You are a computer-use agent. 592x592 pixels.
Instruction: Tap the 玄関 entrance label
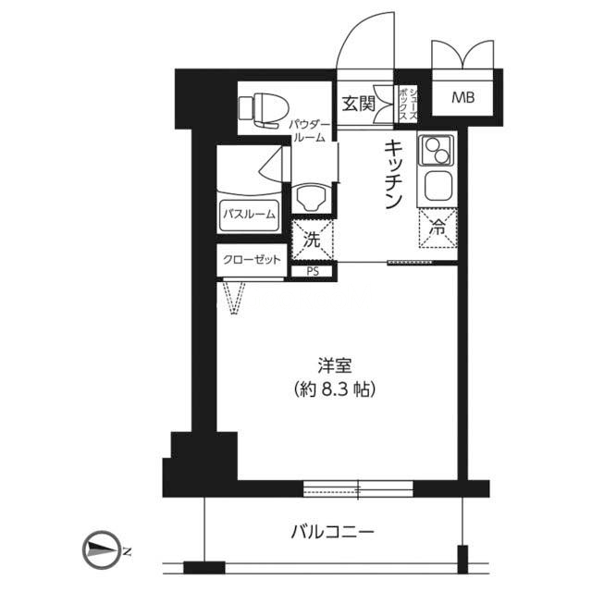[358, 104]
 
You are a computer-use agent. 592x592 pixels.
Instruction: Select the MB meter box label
[463, 98]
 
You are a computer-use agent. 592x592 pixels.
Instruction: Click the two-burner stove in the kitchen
[437, 151]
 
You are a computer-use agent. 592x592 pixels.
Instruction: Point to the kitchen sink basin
[438, 187]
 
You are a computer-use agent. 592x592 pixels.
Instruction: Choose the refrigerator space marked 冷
[438, 228]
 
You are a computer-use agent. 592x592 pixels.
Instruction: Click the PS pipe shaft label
[313, 271]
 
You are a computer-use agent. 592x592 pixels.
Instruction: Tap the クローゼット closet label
[252, 260]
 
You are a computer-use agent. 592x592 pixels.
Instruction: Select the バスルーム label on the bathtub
[249, 215]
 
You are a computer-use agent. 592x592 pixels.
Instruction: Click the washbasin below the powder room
[311, 197]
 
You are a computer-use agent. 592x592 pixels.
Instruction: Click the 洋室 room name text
[335, 365]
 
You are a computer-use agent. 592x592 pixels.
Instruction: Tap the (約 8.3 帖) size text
[335, 388]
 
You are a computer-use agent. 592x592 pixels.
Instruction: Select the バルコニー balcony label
[332, 532]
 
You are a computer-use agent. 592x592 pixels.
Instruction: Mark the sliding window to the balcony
[358, 489]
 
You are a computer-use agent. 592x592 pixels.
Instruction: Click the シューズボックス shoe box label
[408, 103]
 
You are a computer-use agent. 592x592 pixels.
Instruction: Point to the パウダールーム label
[310, 131]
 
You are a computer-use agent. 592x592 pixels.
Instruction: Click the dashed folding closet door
[234, 298]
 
